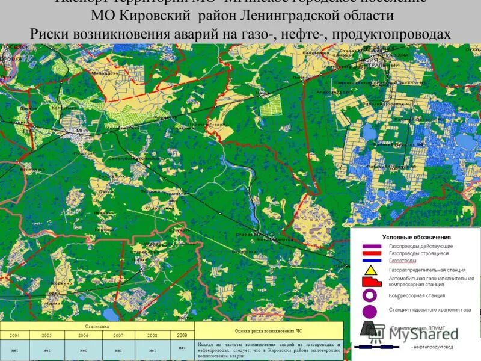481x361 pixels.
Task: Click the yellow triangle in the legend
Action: pos(370,270)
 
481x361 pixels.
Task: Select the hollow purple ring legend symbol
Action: pos(370,296)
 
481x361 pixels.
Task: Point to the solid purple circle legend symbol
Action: pos(370,310)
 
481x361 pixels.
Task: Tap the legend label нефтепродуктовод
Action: pos(434,347)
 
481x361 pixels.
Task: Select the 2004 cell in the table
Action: pos(16,335)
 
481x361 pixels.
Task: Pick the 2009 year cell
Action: pos(182,335)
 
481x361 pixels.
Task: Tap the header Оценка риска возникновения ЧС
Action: pos(268,330)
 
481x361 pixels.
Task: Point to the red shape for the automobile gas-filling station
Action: pos(370,282)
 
